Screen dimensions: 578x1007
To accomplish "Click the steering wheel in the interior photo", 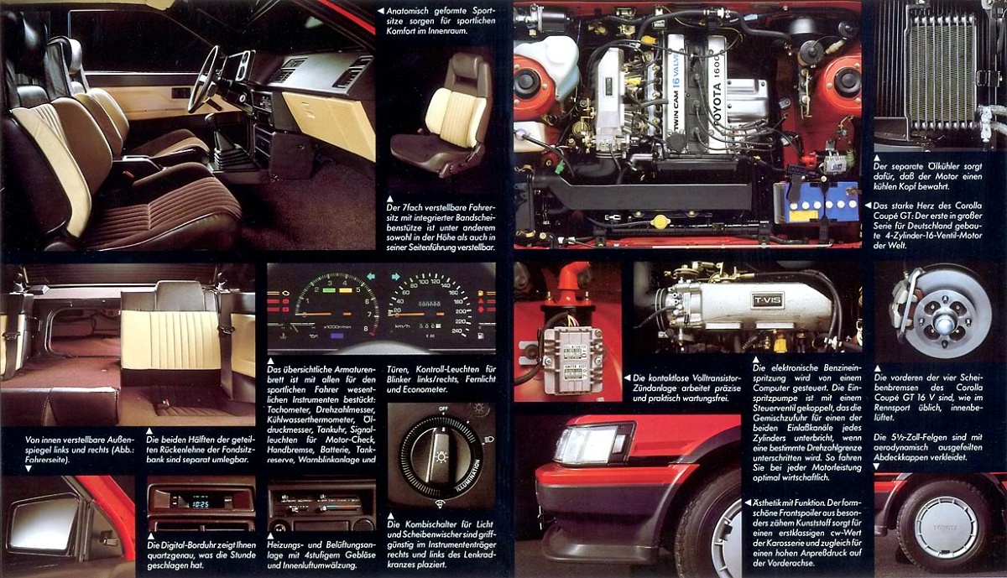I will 204,80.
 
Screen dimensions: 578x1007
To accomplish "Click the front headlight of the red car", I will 591,444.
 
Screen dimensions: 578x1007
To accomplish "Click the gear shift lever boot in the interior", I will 227,156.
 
